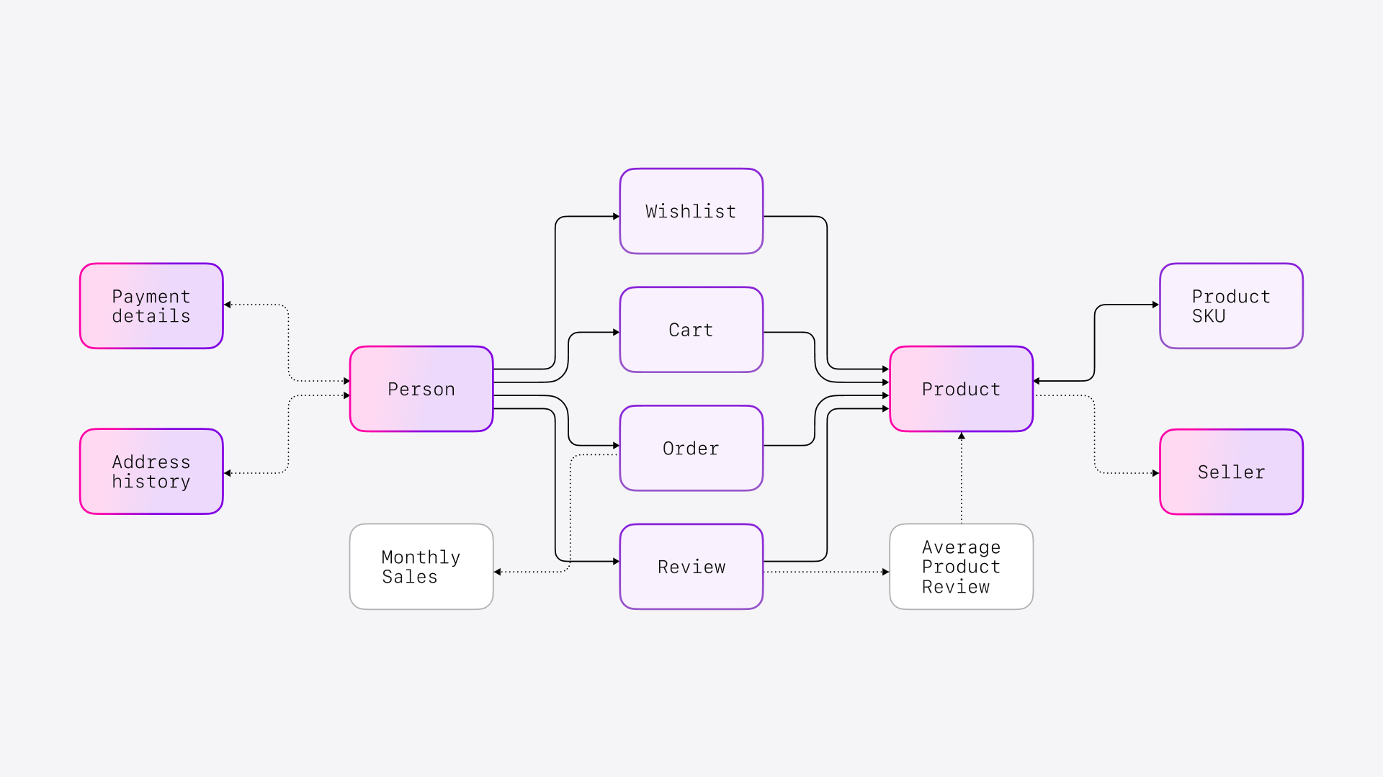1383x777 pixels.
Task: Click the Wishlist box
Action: tap(691, 211)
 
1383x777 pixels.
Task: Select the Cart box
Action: tap(691, 330)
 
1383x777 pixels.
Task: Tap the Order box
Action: tap(691, 448)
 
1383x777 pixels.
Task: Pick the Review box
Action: tap(691, 567)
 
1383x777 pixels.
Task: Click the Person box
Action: tap(421, 389)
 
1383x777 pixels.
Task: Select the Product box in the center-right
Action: tap(961, 389)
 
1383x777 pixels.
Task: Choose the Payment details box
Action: tap(151, 306)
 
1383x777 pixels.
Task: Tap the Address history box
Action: tap(151, 472)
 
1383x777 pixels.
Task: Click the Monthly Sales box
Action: tap(421, 567)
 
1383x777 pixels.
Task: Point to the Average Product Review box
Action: tap(961, 567)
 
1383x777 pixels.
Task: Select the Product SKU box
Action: tap(1231, 306)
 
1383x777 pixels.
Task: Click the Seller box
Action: tap(1231, 472)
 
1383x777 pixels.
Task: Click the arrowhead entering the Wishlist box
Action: tap(616, 216)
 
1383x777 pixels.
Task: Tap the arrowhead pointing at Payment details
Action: tap(228, 305)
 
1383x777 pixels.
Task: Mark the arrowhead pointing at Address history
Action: tap(228, 473)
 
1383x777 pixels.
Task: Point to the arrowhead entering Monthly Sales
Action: tap(498, 572)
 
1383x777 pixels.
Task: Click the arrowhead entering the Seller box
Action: tap(1155, 473)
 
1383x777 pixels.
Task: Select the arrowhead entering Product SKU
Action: tap(1155, 305)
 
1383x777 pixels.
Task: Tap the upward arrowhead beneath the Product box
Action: tap(962, 436)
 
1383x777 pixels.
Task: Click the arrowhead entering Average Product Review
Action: tap(885, 572)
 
